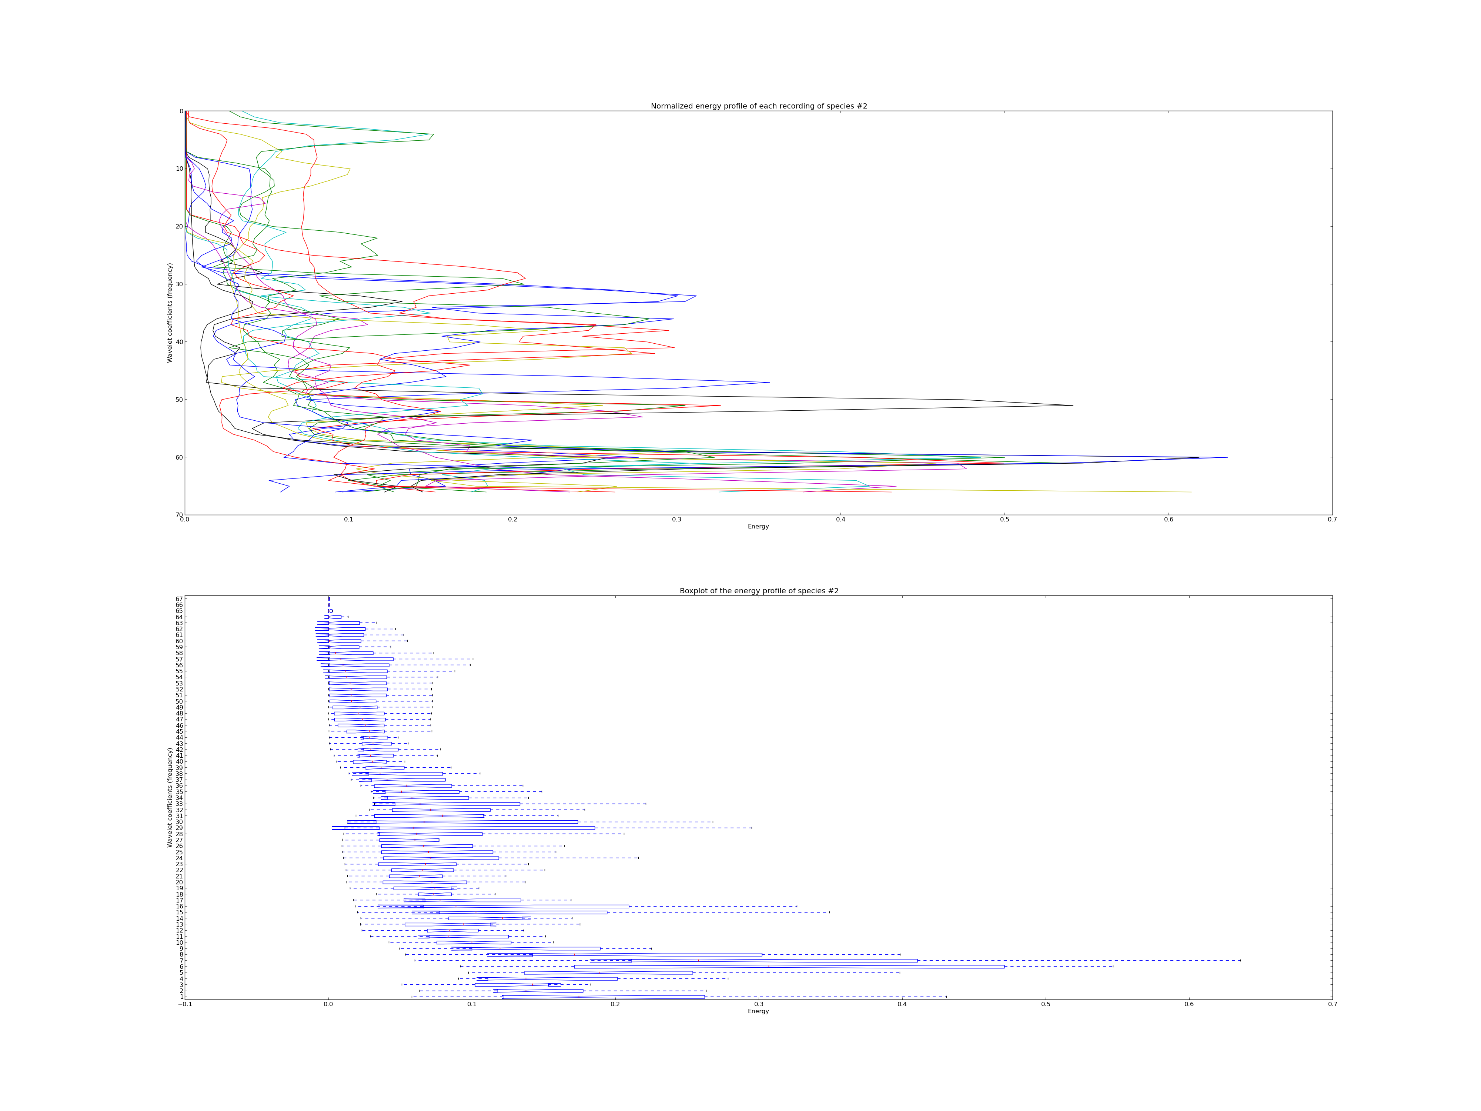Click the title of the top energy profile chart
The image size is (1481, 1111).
759,106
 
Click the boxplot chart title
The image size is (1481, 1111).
759,591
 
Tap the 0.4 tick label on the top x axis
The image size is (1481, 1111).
840,520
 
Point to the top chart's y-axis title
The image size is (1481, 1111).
170,313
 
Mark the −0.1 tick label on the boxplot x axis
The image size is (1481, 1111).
185,1004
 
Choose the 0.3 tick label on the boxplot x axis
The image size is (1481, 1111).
759,1004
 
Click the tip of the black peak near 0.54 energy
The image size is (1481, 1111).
1073,405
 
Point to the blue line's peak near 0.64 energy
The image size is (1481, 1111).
1227,457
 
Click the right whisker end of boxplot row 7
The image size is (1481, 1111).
1240,960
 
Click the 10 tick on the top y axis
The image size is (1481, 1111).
180,169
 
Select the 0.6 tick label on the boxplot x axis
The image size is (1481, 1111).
1189,1004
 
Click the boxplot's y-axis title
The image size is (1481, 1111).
170,798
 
